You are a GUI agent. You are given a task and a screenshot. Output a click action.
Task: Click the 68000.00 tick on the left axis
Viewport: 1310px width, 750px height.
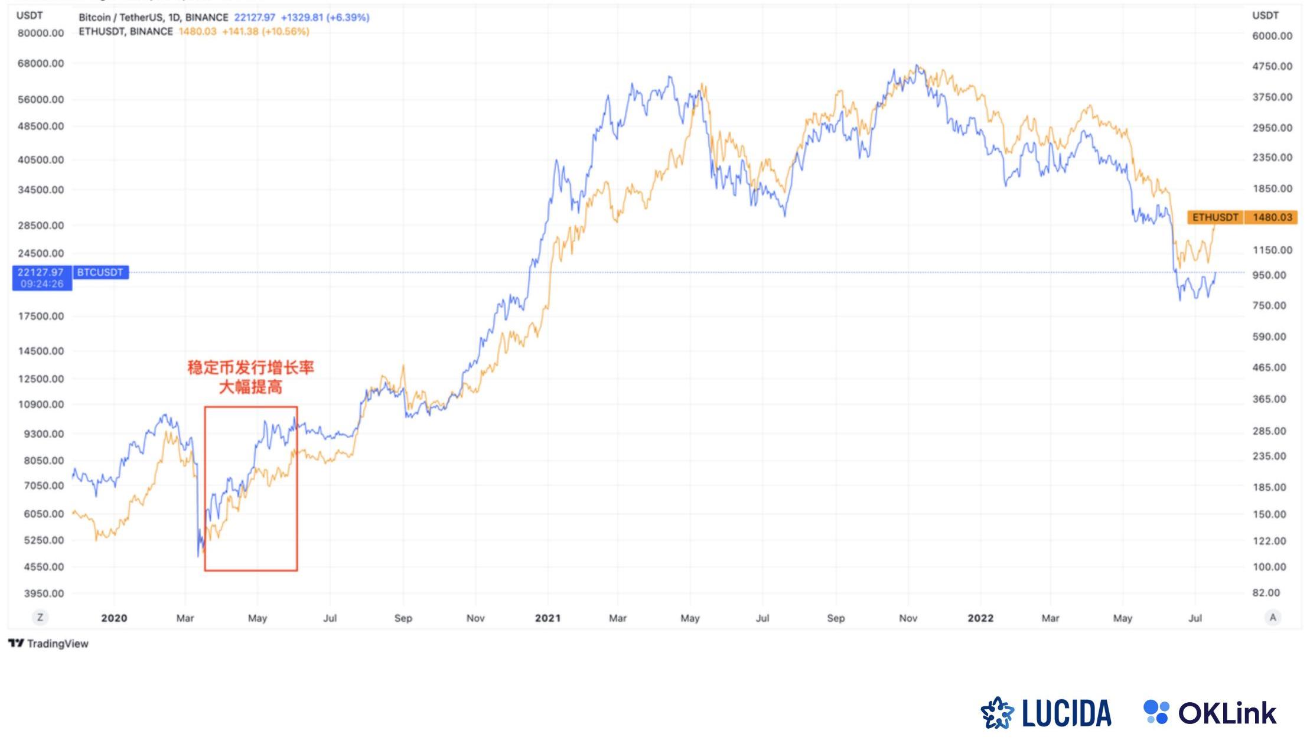[40, 63]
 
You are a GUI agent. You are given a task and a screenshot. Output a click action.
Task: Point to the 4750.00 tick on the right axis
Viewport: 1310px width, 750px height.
[1272, 66]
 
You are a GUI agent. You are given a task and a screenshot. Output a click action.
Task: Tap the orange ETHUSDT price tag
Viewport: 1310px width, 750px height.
[1214, 217]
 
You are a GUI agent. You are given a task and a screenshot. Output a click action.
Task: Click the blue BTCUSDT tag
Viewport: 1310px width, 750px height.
[100, 272]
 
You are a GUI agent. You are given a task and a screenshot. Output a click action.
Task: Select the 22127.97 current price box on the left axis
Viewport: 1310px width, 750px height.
[41, 278]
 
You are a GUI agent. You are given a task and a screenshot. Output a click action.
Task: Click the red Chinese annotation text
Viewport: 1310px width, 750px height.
[250, 377]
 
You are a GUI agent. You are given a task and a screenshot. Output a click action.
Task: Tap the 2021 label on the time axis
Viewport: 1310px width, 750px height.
[547, 618]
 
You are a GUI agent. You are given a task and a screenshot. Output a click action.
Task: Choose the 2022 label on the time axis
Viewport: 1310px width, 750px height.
[980, 618]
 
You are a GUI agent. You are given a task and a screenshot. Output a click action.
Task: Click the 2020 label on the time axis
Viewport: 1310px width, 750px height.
[114, 618]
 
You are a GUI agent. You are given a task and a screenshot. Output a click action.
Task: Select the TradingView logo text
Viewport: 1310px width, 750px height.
[49, 643]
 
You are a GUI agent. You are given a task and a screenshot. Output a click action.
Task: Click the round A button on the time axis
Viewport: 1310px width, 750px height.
[1272, 618]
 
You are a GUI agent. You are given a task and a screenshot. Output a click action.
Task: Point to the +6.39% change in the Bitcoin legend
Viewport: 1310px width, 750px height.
[348, 18]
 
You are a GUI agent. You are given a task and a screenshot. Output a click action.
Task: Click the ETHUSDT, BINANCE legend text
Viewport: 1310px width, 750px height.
[126, 31]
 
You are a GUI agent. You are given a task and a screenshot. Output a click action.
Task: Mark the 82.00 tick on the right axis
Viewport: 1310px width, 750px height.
[1266, 592]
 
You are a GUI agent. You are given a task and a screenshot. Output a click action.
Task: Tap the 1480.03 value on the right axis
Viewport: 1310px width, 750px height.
[1272, 217]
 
